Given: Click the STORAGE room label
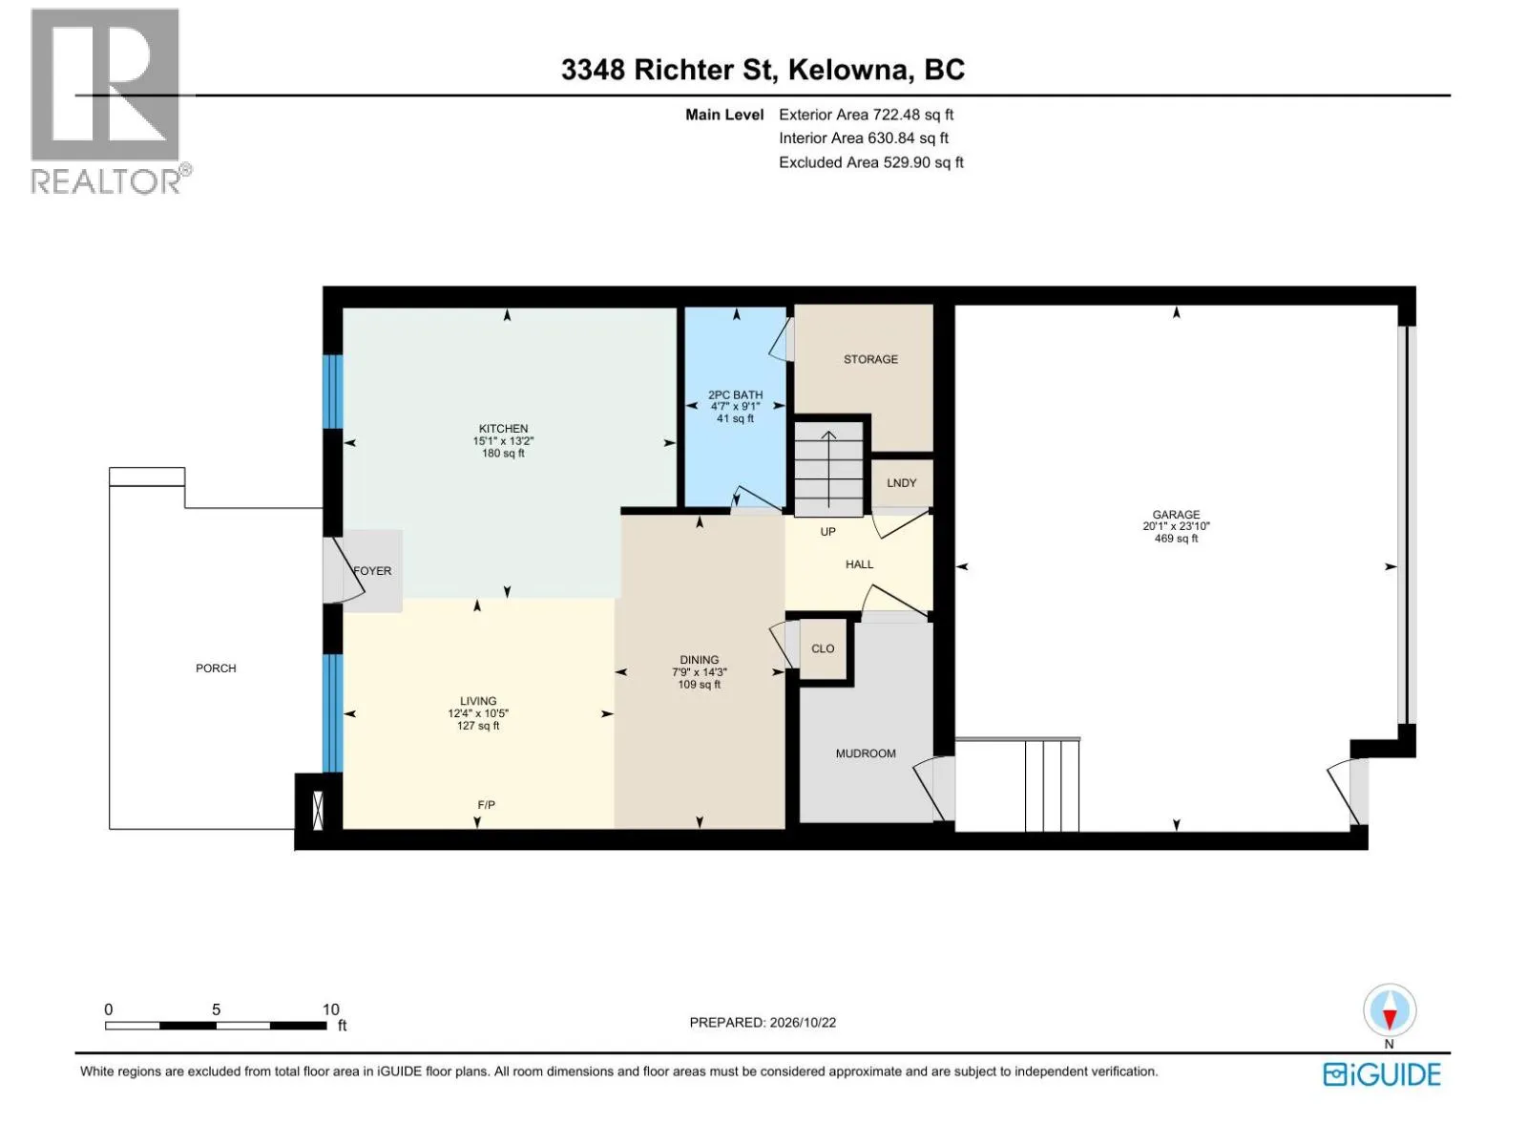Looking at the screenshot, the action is (870, 359).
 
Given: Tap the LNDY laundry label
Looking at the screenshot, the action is (902, 483).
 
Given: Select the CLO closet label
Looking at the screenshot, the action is (823, 648).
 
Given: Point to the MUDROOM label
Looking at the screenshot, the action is (866, 753).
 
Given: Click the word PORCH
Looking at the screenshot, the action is (216, 668).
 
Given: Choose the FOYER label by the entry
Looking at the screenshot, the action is (372, 570).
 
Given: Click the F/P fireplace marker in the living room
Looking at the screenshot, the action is (487, 804).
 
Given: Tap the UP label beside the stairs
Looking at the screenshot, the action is (827, 532).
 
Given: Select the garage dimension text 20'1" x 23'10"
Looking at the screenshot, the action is (1176, 527).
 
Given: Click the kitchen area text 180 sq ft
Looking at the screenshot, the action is (503, 453).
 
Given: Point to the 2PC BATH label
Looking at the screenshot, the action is (735, 394).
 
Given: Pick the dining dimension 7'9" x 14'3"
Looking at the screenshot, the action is (700, 672).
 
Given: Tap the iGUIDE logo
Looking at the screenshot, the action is (1382, 1074).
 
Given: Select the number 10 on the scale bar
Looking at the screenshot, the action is (331, 1008).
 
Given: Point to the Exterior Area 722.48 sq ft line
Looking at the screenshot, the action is (867, 115).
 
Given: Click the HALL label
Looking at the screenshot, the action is (859, 564).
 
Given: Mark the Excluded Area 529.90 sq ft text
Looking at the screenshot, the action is (871, 162).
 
